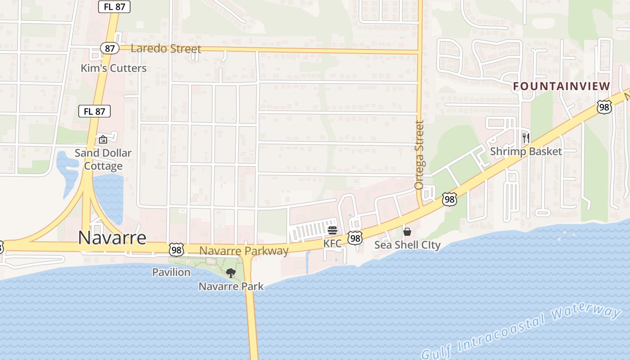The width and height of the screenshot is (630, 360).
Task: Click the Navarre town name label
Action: tap(112, 238)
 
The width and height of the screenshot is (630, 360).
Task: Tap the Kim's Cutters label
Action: tap(113, 68)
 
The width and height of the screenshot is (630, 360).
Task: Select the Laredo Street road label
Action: tap(166, 49)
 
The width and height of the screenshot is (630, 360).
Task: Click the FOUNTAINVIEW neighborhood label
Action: tap(562, 86)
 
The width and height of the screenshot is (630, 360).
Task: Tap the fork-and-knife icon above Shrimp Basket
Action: tap(526, 138)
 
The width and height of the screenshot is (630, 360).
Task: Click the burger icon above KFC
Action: tap(333, 231)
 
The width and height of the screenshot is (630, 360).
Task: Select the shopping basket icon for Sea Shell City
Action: tap(407, 232)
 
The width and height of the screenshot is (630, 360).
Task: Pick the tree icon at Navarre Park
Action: tap(230, 273)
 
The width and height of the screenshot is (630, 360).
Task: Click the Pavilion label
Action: tap(171, 272)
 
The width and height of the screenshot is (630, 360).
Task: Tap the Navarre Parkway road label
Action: tap(243, 251)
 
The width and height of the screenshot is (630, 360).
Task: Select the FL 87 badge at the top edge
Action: tap(114, 6)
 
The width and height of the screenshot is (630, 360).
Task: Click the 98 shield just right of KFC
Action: tap(355, 238)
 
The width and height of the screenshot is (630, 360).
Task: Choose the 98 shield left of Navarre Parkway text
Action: tap(176, 249)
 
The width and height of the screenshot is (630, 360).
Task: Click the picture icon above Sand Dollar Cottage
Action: tap(103, 139)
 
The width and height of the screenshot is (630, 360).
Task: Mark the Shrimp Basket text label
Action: tap(526, 152)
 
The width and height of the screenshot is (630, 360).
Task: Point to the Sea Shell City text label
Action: tap(407, 245)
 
